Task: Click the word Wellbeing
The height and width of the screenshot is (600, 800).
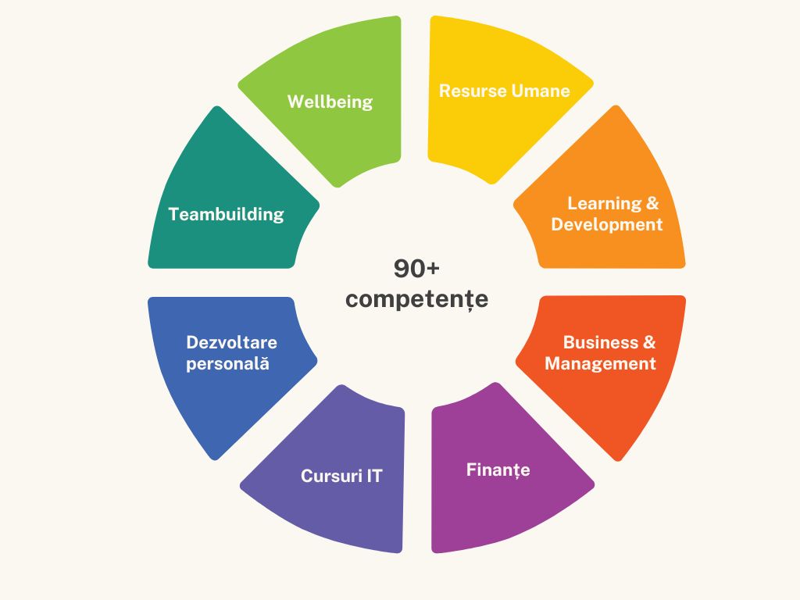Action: [x=330, y=102]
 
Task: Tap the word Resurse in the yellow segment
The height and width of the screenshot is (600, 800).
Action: [x=473, y=91]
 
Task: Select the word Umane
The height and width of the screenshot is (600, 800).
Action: [x=541, y=91]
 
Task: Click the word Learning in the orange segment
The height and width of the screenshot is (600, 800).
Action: [x=605, y=204]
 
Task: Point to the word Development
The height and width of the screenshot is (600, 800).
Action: [x=606, y=224]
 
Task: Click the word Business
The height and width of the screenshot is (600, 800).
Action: [x=601, y=342]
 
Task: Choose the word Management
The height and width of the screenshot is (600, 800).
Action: [x=600, y=364]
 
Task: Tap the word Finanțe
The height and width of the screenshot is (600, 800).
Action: [x=498, y=470]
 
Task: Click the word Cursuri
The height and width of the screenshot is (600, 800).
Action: [x=331, y=476]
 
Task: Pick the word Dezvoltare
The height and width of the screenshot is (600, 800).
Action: [x=231, y=342]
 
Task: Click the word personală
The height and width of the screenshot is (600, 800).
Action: [x=227, y=364]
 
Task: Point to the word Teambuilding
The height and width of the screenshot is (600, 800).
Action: [x=226, y=214]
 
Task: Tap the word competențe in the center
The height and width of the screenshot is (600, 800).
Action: [x=417, y=299]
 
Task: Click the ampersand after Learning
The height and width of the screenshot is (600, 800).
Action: [x=652, y=204]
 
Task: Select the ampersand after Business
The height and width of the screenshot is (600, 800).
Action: [x=649, y=342]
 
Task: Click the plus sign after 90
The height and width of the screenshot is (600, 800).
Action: [x=432, y=269]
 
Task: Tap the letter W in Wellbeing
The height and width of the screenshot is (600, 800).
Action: [x=297, y=102]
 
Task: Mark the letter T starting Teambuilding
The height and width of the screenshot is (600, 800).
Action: [x=174, y=214]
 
